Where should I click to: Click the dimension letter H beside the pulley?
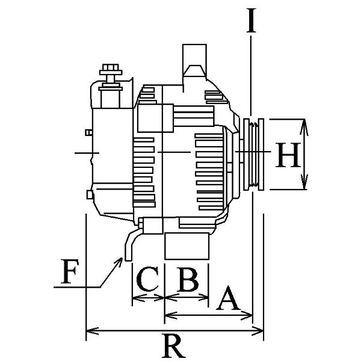(286, 156)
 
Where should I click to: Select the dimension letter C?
(147, 280)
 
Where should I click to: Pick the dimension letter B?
(187, 280)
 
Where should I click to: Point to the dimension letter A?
(227, 298)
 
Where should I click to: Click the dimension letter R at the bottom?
(173, 347)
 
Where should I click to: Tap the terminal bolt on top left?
(110, 73)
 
